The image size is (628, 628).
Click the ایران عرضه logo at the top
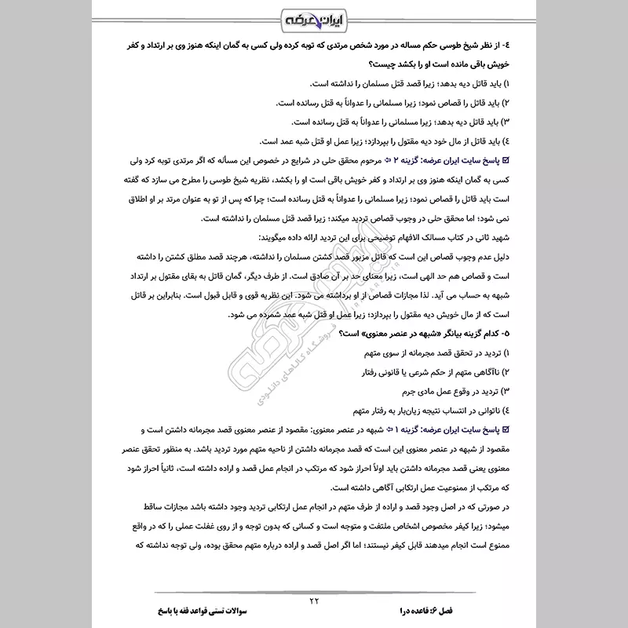313,17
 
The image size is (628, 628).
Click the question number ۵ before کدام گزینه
582,334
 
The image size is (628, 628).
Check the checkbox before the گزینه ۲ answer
581,162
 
